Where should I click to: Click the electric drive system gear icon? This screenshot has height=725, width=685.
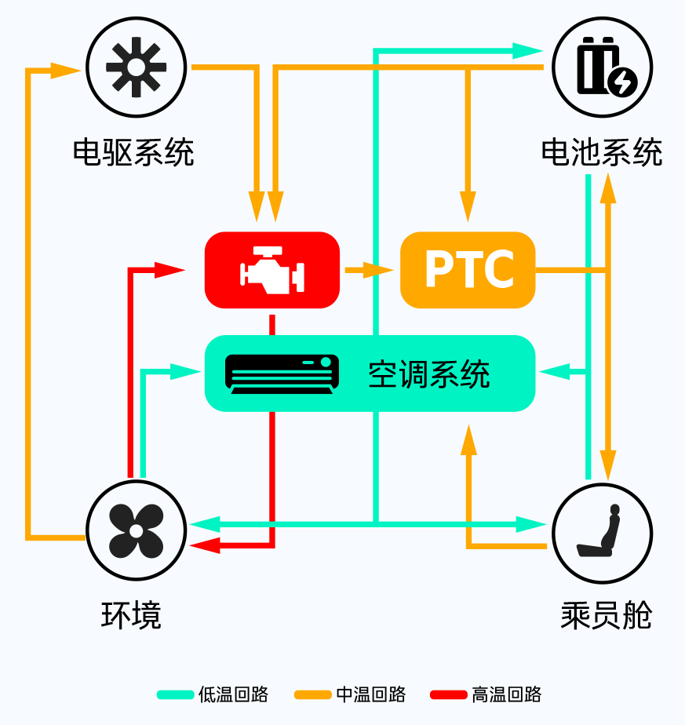click(x=136, y=67)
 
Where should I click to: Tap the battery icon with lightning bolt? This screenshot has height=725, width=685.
click(x=607, y=67)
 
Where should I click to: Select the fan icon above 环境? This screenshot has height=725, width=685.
click(x=136, y=530)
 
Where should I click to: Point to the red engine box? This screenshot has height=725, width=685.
click(x=272, y=270)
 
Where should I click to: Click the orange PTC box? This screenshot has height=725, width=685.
click(x=468, y=270)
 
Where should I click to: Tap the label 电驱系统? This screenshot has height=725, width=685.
click(x=133, y=151)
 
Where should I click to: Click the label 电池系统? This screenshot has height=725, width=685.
click(x=602, y=151)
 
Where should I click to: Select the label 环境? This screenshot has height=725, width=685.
click(x=131, y=615)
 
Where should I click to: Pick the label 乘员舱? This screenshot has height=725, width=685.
click(x=607, y=615)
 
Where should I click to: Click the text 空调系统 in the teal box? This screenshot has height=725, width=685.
click(x=428, y=374)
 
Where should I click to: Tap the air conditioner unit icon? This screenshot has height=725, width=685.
click(x=282, y=374)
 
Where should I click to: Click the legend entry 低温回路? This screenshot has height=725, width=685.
click(x=233, y=694)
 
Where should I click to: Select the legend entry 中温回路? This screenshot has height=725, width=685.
click(x=371, y=694)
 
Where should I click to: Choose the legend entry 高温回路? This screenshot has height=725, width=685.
click(x=506, y=694)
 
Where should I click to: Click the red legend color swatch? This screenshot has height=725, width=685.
click(x=448, y=694)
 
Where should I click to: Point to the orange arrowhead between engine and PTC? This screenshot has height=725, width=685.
click(x=378, y=270)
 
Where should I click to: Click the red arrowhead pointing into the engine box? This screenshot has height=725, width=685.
click(x=169, y=270)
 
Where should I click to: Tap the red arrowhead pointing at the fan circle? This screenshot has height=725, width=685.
click(x=205, y=545)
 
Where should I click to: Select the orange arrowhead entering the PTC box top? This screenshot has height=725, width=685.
click(x=468, y=206)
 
